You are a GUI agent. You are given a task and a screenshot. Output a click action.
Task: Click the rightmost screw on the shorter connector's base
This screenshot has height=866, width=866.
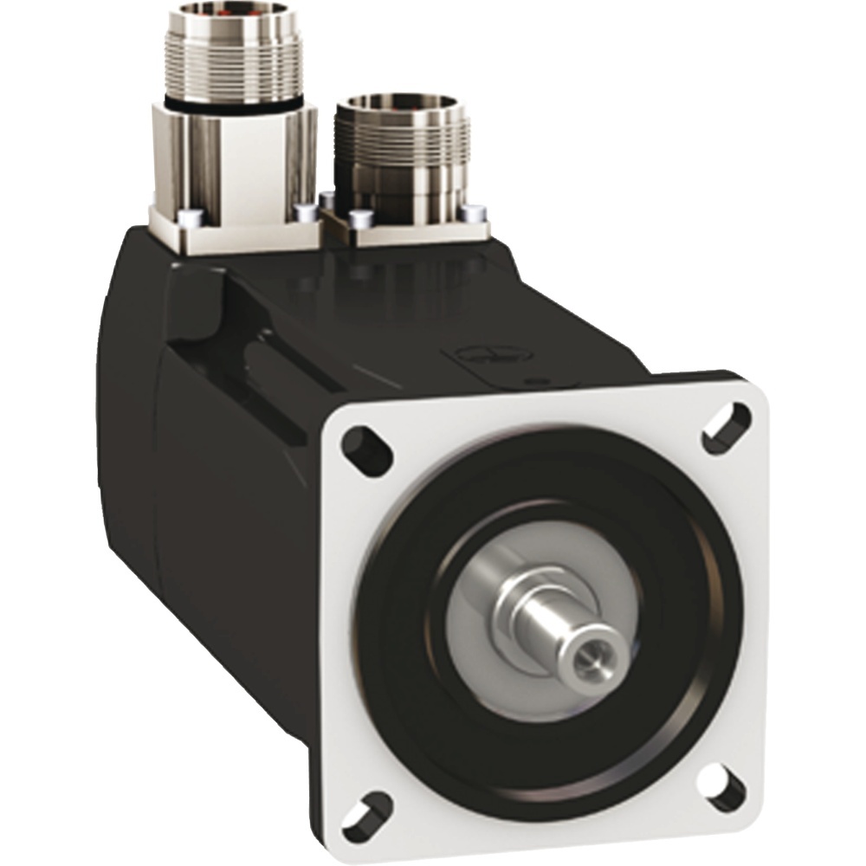click(x=472, y=212)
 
